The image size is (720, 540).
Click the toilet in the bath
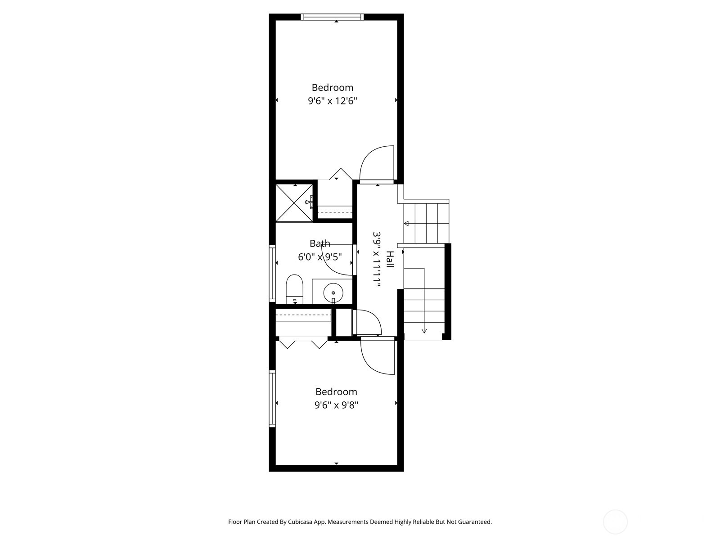pyautogui.click(x=295, y=289)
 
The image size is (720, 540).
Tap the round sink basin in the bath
pyautogui.click(x=333, y=292)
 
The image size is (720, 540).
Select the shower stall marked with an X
pyautogui.click(x=294, y=203)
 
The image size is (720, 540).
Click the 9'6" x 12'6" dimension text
pyautogui.click(x=332, y=101)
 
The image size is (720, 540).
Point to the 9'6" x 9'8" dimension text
pyautogui.click(x=336, y=405)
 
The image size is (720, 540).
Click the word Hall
pyautogui.click(x=390, y=260)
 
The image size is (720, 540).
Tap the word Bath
pyautogui.click(x=319, y=243)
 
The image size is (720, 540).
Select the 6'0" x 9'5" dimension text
pyautogui.click(x=319, y=257)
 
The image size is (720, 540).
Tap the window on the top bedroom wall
pyautogui.click(x=332, y=17)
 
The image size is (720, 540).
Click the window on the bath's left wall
pyautogui.click(x=272, y=273)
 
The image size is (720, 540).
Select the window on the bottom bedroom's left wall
pyautogui.click(x=272, y=398)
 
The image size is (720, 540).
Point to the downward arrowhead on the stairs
pyautogui.click(x=424, y=331)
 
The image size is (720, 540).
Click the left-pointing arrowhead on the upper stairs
pyautogui.click(x=406, y=224)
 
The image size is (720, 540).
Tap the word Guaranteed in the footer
pyautogui.click(x=474, y=522)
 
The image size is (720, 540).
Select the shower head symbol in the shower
pyautogui.click(x=310, y=202)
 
